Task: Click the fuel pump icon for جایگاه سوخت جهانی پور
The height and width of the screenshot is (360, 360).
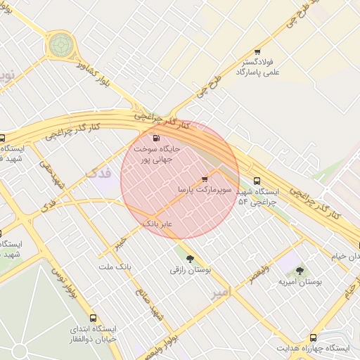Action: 156,138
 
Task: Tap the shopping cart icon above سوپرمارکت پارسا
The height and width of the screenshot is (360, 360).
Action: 205,179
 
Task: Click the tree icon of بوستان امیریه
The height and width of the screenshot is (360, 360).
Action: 300,270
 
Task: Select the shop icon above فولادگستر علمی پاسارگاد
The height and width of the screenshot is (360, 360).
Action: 257,51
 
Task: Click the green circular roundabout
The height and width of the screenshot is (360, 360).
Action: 62,45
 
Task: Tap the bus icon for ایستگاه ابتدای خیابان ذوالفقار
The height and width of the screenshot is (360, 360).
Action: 94,319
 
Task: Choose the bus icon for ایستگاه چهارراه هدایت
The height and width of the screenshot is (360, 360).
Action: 313,337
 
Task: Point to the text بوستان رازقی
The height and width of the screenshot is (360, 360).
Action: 191,269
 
